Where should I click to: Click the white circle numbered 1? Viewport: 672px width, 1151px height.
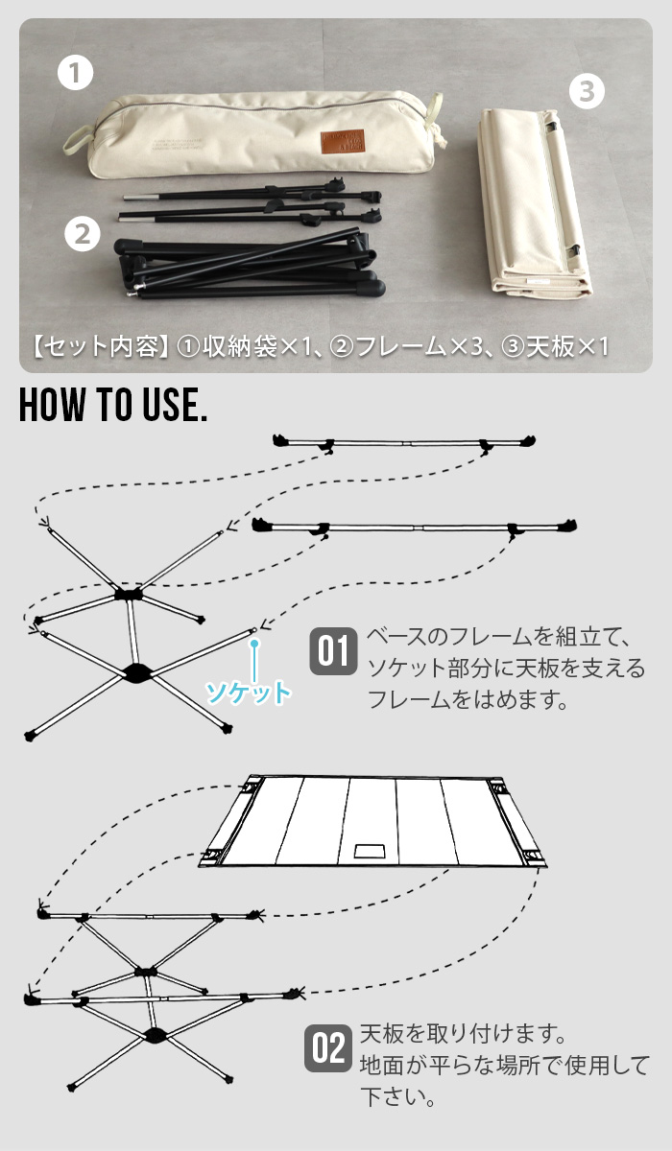(x=75, y=74)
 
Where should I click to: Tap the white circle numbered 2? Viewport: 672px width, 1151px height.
(x=83, y=232)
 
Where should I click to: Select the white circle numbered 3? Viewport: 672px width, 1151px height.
(x=588, y=92)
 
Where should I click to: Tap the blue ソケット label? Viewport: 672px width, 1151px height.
(x=248, y=692)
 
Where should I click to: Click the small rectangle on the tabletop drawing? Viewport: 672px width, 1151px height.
(x=368, y=851)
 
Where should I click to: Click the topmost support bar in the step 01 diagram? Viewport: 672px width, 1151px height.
(x=403, y=443)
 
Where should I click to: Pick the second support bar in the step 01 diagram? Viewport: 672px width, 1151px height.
(x=415, y=527)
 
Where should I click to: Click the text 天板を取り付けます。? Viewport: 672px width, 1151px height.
(x=459, y=1035)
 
